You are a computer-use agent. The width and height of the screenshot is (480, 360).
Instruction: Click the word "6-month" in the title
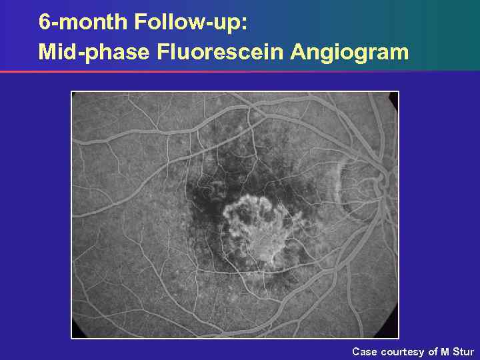click(83, 22)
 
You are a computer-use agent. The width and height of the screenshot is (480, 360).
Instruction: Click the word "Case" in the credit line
click(365, 351)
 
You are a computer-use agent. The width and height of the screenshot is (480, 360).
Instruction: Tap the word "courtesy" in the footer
click(403, 351)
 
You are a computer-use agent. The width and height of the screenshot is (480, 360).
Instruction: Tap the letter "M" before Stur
click(445, 351)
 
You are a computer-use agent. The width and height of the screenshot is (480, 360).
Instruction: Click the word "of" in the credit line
click(433, 351)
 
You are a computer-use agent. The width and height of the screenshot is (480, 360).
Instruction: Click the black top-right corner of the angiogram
click(393, 97)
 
